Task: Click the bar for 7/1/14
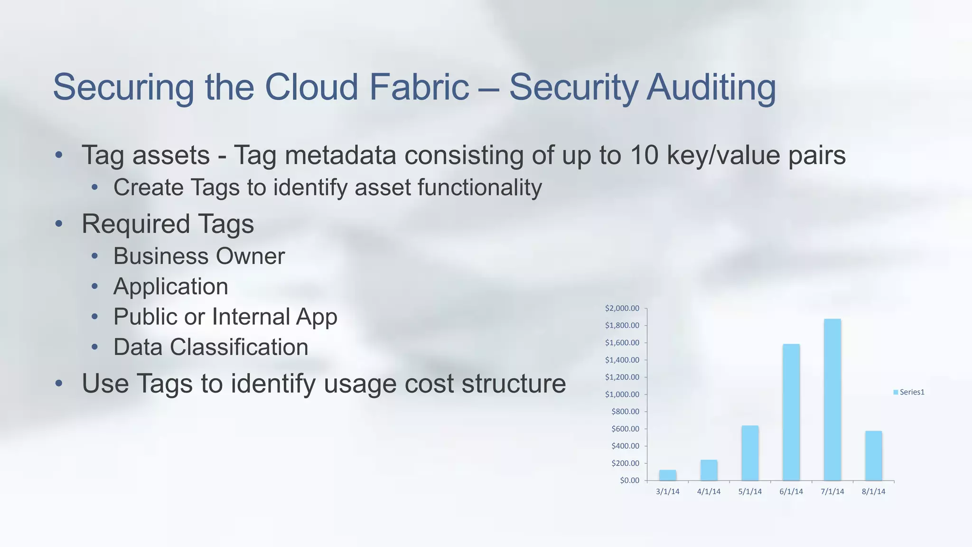(832, 400)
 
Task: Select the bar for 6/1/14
(791, 412)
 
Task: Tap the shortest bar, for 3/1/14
(668, 475)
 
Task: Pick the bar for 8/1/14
(873, 456)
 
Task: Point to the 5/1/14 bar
(750, 453)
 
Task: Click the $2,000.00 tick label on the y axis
(622, 308)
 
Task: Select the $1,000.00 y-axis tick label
(622, 394)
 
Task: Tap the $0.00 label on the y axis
(629, 480)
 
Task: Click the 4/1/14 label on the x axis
(709, 491)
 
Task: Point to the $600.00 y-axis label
(625, 429)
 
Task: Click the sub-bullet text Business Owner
(199, 256)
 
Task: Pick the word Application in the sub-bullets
(170, 287)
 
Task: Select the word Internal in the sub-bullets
(251, 317)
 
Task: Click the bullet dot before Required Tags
(59, 224)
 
